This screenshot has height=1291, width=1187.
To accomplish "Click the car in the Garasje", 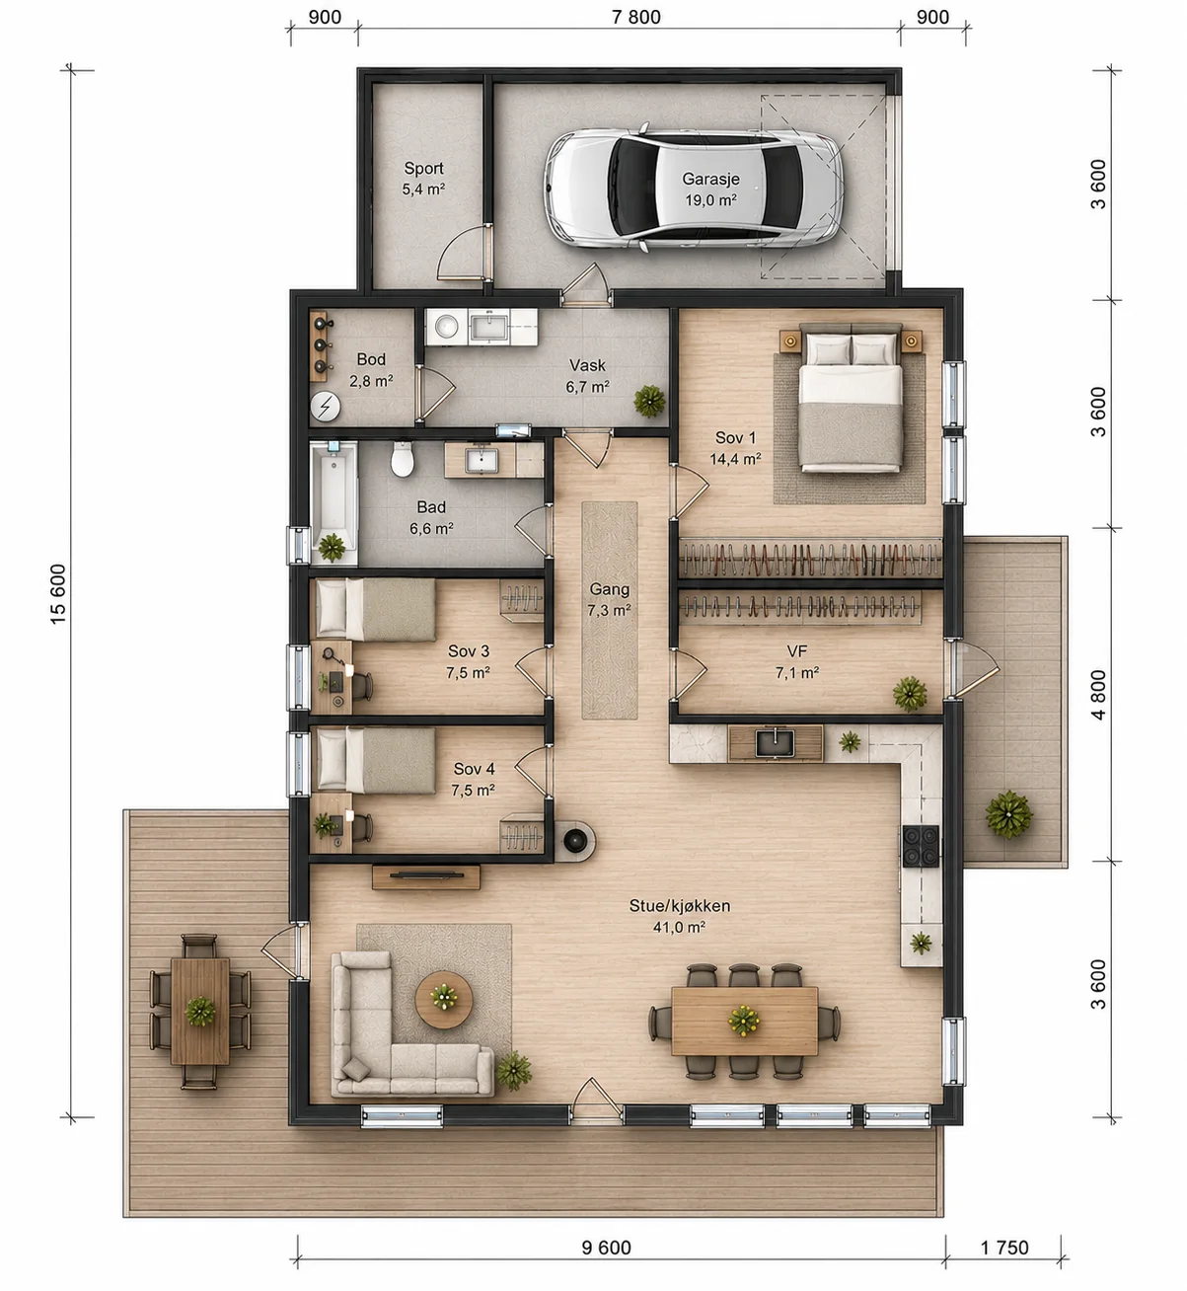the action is [x=693, y=188].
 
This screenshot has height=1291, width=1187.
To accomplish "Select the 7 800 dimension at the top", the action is [x=635, y=17].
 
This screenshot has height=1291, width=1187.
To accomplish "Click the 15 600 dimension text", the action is [x=58, y=593].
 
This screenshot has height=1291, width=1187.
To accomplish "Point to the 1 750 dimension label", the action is [x=1004, y=1248].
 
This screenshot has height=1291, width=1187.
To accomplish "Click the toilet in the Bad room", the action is [x=403, y=458].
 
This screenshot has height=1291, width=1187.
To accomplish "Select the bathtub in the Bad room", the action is [x=334, y=502].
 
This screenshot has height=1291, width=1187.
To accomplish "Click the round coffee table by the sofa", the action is [x=444, y=1000].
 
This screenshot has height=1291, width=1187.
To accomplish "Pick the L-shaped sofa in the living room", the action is [x=399, y=1062].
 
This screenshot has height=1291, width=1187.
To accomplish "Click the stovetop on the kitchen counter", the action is [x=920, y=846].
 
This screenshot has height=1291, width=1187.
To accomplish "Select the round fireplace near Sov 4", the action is [x=575, y=839].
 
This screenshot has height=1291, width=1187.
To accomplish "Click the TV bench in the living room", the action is [x=426, y=877].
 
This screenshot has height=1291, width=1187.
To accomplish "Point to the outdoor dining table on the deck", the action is [x=200, y=1011].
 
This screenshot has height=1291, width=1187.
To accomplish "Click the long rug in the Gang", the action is [x=609, y=610].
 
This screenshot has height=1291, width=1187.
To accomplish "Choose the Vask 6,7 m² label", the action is [x=587, y=376].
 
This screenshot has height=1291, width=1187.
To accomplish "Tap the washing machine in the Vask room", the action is [x=447, y=327].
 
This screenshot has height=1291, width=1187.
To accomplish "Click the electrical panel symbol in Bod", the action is [x=326, y=406].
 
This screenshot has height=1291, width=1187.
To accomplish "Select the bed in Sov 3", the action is [x=375, y=609].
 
